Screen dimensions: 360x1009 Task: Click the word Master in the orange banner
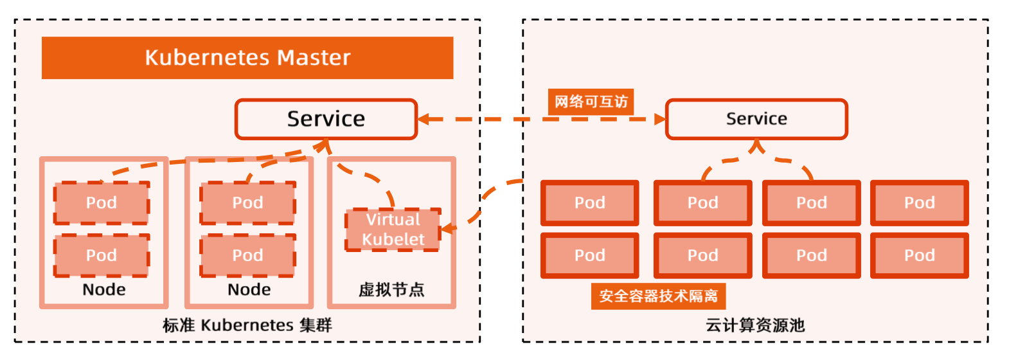tap(314, 58)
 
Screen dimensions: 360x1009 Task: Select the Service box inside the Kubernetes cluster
tap(326, 119)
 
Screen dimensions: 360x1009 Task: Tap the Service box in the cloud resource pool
tap(756, 119)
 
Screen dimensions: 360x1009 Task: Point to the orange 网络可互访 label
tap(591, 102)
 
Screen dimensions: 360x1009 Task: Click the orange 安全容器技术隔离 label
tap(658, 296)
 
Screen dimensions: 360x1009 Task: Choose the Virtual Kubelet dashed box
tap(393, 230)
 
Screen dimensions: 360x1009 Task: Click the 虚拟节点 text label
tap(391, 290)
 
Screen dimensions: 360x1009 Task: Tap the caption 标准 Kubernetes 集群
tap(247, 325)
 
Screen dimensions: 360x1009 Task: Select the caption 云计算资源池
tap(755, 325)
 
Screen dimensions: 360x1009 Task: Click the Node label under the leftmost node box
tap(104, 290)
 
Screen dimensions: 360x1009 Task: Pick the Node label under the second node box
tap(249, 290)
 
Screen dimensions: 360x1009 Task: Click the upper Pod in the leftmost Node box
tap(102, 203)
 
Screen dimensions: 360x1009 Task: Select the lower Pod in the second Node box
tap(248, 256)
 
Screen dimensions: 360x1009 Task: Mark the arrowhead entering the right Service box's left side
tap(660, 119)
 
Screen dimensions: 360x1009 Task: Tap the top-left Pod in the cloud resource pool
tap(590, 203)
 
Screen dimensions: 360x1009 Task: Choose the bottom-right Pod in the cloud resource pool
tap(920, 256)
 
